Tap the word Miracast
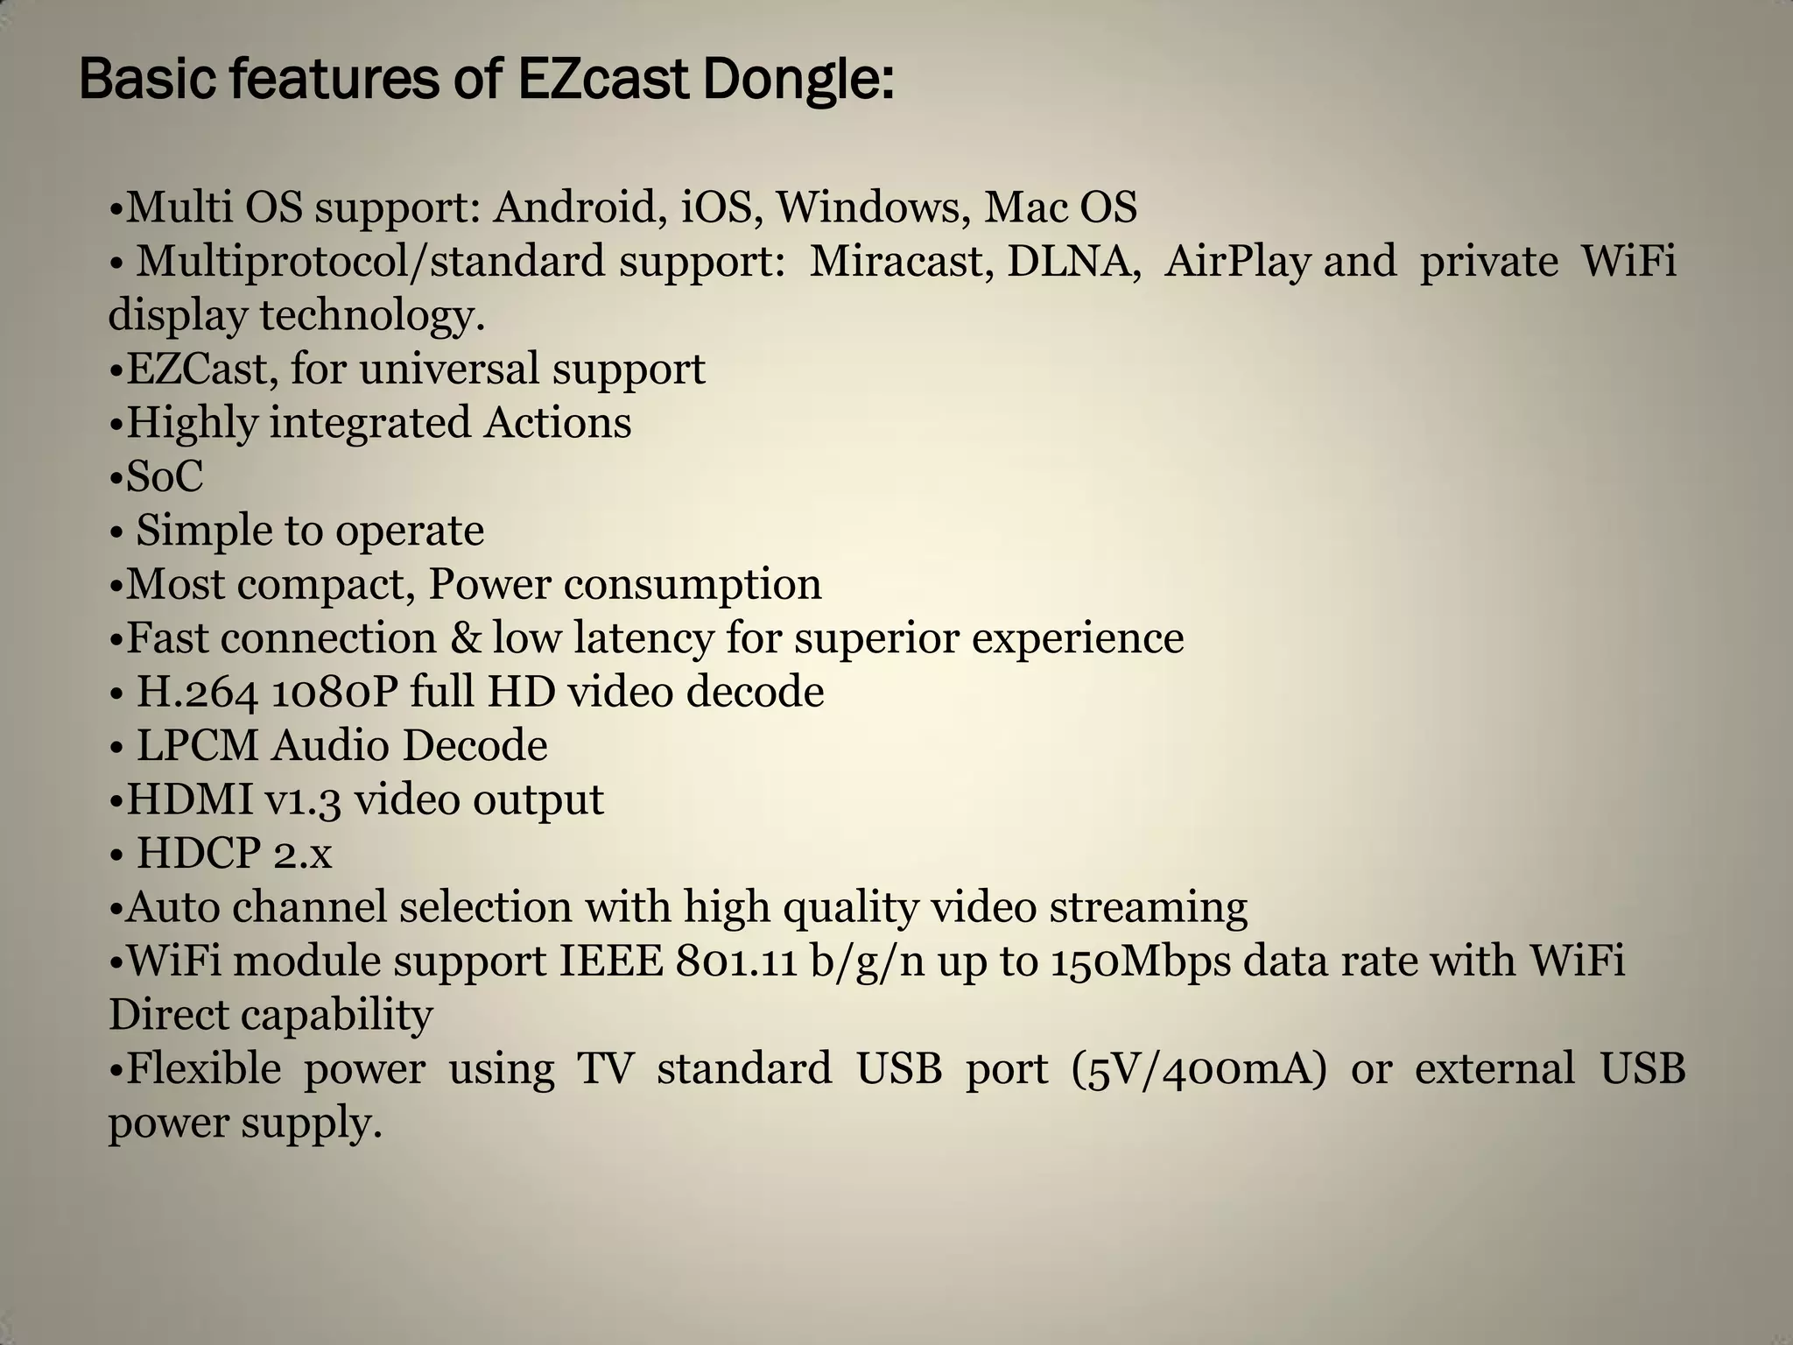pos(901,262)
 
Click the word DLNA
pos(1073,262)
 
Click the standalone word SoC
pos(165,477)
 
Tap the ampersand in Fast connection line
pos(464,638)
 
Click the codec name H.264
pos(197,693)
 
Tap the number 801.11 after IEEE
pos(735,961)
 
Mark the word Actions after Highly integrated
pos(558,423)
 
